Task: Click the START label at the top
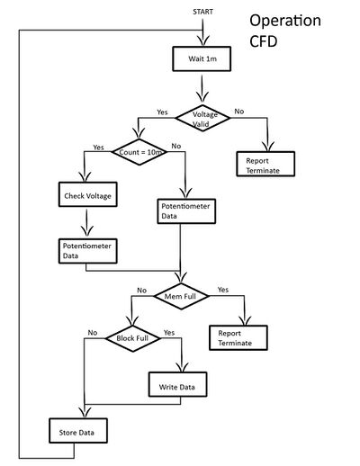click(202, 12)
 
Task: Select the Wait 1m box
click(202, 58)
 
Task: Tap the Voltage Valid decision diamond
click(202, 118)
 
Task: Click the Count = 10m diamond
click(139, 152)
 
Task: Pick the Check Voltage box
click(88, 194)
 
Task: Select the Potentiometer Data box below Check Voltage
click(88, 251)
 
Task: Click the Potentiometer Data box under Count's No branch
click(186, 211)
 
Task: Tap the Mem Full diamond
click(181, 296)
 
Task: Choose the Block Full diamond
click(133, 338)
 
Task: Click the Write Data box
click(177, 384)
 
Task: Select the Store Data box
click(78, 431)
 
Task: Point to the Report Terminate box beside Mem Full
click(238, 337)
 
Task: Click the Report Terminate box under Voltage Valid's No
click(265, 164)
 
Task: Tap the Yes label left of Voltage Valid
click(162, 112)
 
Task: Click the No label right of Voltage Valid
click(239, 112)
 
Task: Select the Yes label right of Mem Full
click(223, 290)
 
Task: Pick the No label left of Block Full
click(93, 333)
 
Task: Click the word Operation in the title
click(285, 22)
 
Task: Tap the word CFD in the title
click(264, 41)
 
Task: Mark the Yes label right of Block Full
click(169, 333)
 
